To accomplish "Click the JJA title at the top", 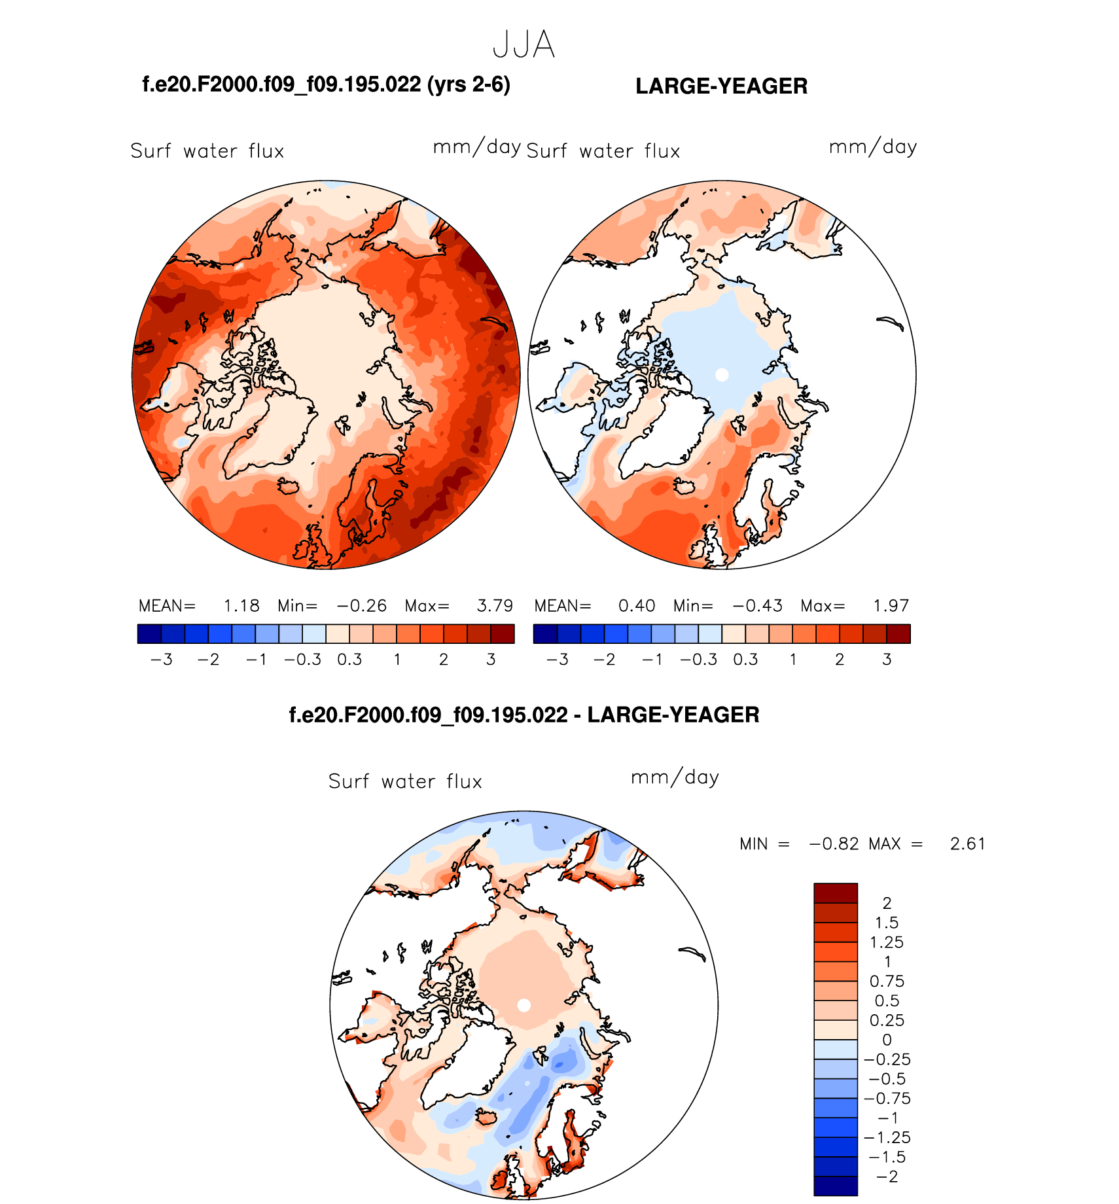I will pyautogui.click(x=524, y=45).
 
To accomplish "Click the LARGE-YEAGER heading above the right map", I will pyautogui.click(x=721, y=86).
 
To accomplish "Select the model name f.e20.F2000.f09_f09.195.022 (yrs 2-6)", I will pyautogui.click(x=326, y=85).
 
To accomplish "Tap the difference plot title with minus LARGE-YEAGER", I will pyautogui.click(x=524, y=715).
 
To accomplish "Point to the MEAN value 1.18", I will pyautogui.click(x=241, y=606).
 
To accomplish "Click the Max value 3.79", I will pyautogui.click(x=495, y=606).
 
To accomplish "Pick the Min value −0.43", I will pyautogui.click(x=757, y=606).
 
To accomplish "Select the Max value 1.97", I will pyautogui.click(x=891, y=606).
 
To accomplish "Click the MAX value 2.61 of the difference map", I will pyautogui.click(x=967, y=844).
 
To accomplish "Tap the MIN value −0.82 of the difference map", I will pyautogui.click(x=834, y=844).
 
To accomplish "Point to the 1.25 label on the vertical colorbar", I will pyautogui.click(x=887, y=942).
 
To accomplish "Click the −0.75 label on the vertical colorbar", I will pyautogui.click(x=887, y=1099).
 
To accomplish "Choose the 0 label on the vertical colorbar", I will pyautogui.click(x=887, y=1040).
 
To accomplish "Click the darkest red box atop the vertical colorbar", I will pyautogui.click(x=835, y=893).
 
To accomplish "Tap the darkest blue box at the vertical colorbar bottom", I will pyautogui.click(x=835, y=1186).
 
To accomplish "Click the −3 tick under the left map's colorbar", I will pyautogui.click(x=162, y=660).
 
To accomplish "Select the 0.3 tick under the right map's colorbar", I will pyautogui.click(x=745, y=660).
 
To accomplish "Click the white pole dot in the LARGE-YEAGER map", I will pyautogui.click(x=722, y=375).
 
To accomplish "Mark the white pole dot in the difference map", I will pyautogui.click(x=524, y=1006).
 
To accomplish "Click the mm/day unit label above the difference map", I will pyautogui.click(x=675, y=777).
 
